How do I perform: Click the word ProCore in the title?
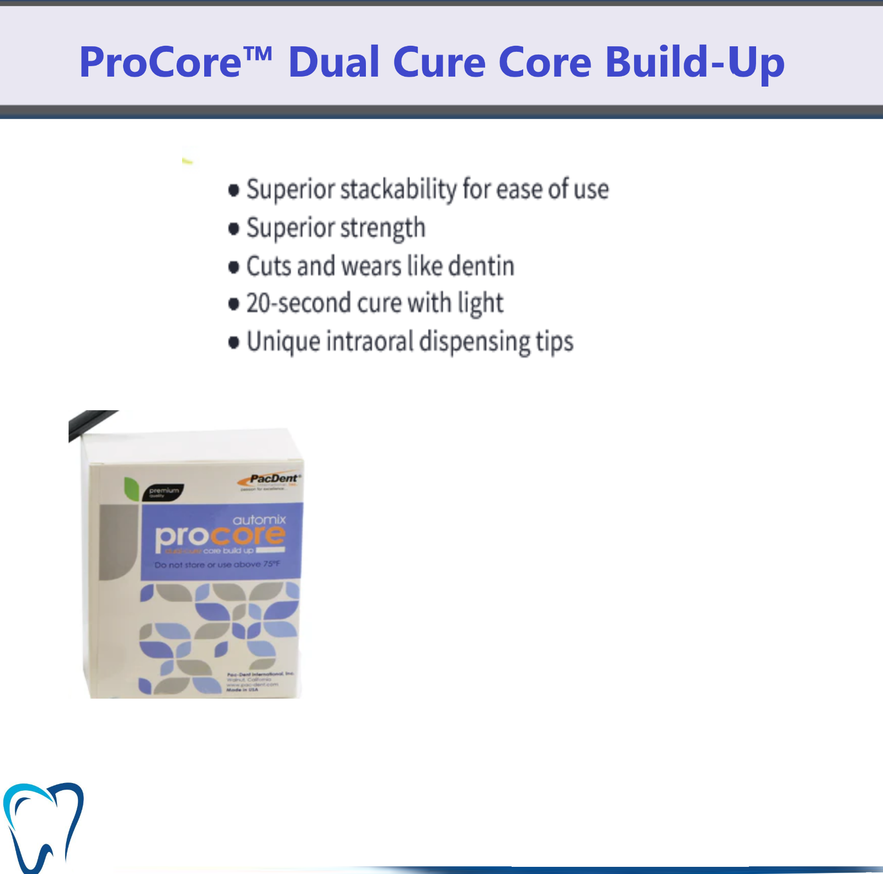161,62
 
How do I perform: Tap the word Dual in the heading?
333,62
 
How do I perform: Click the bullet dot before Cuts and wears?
233,267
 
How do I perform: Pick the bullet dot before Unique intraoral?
233,342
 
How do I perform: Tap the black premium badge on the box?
163,492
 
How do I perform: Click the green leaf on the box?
131,488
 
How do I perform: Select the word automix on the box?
259,520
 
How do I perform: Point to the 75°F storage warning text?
217,565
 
